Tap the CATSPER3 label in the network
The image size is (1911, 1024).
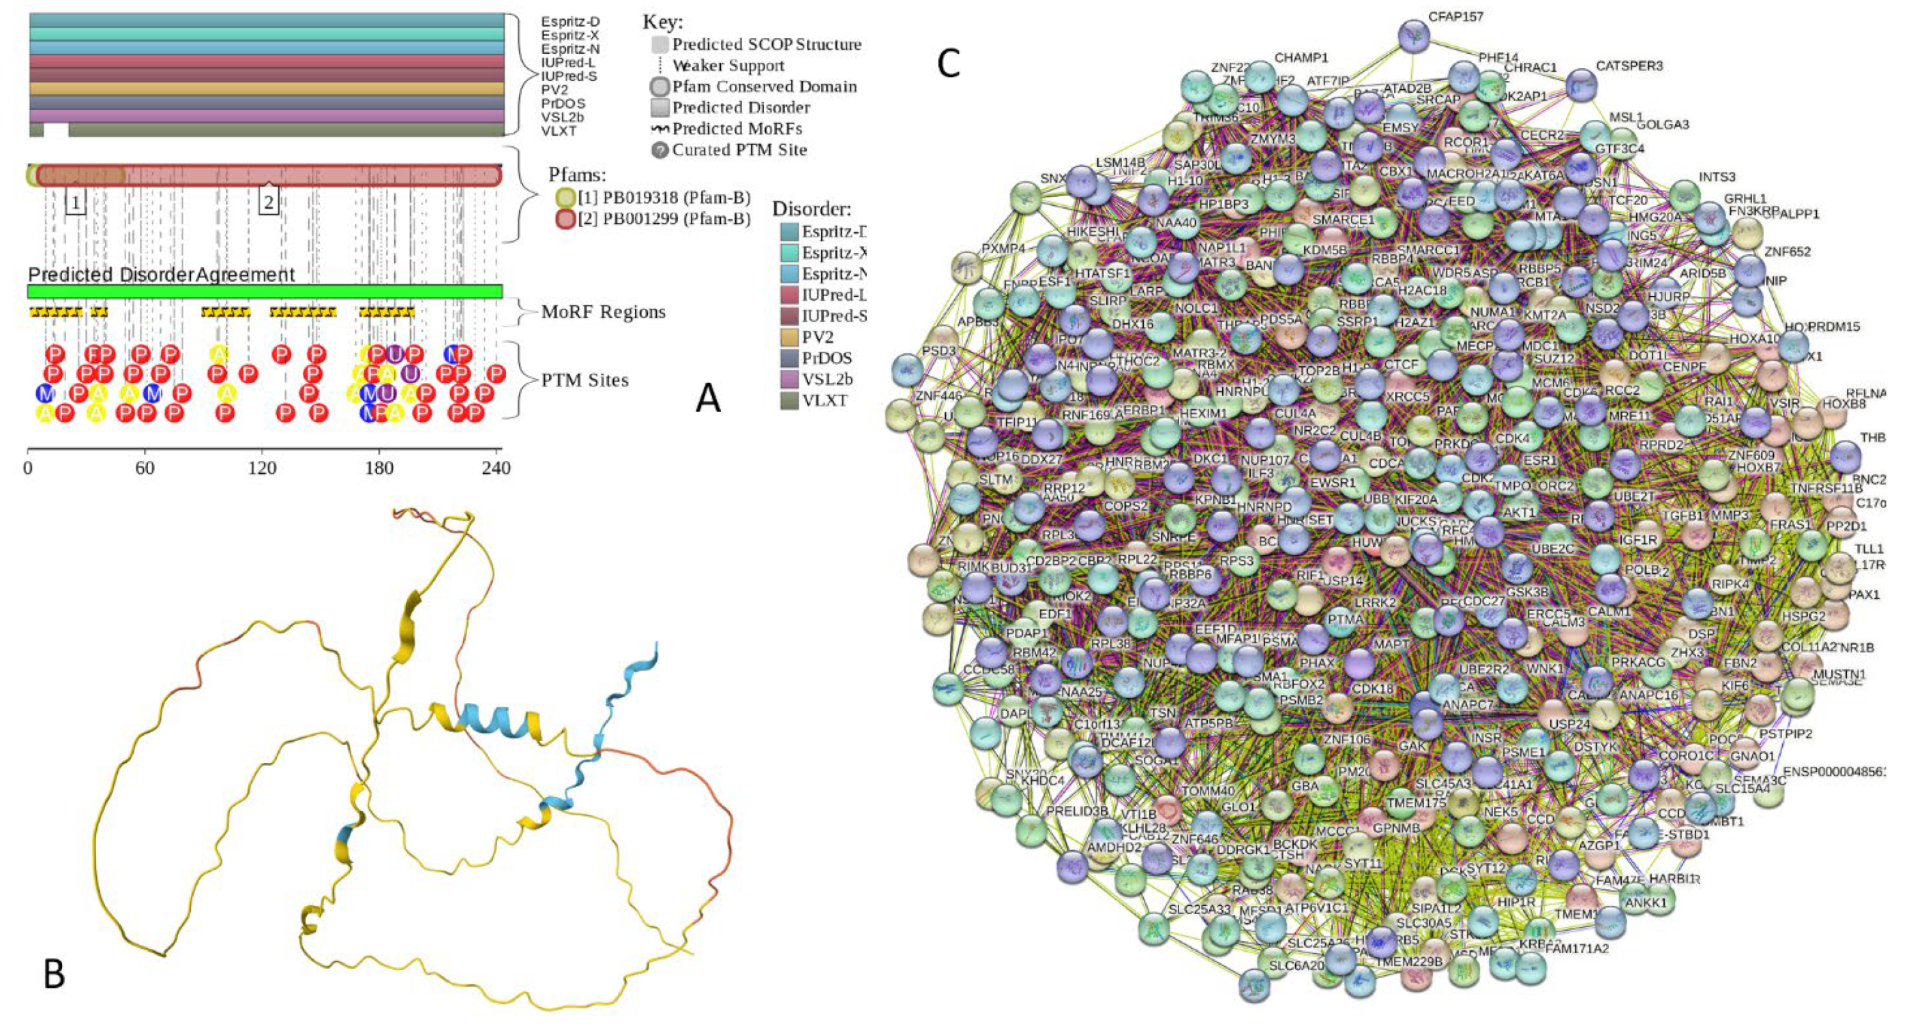tap(1629, 66)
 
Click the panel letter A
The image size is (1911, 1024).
tap(708, 399)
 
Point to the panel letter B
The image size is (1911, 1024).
tap(53, 974)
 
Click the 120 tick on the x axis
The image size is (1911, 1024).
tap(262, 468)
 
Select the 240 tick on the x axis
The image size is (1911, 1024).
tap(497, 468)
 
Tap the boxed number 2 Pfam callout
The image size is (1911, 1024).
tap(269, 201)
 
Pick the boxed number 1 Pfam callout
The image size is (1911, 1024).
tap(75, 202)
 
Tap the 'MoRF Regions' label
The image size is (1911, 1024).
tap(603, 312)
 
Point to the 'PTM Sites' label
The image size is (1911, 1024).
tap(584, 380)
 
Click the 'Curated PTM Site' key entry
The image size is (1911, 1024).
tap(739, 150)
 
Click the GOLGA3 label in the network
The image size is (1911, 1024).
tap(1662, 125)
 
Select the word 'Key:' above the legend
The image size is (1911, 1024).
tap(662, 22)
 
